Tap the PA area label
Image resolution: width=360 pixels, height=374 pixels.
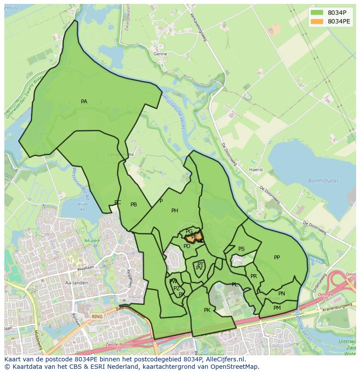(x=84, y=102)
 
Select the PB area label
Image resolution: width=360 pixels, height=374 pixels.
(x=134, y=205)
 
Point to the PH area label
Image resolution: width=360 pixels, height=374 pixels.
(x=175, y=211)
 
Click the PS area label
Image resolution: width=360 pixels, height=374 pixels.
(x=241, y=249)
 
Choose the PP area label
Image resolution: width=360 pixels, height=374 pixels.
(x=277, y=258)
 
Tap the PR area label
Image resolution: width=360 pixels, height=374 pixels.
(x=253, y=276)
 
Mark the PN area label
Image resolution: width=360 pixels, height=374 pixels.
(x=282, y=294)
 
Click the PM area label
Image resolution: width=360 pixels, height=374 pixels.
(x=277, y=308)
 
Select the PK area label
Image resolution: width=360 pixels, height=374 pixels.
(x=207, y=310)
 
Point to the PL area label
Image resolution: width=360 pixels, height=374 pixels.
(x=235, y=285)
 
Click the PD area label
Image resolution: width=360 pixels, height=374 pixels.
(x=187, y=246)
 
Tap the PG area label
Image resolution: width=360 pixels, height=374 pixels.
(x=189, y=232)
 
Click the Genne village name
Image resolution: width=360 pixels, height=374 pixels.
(x=160, y=54)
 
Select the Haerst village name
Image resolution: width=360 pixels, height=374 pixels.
(x=256, y=169)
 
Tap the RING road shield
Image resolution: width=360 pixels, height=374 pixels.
(x=97, y=317)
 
